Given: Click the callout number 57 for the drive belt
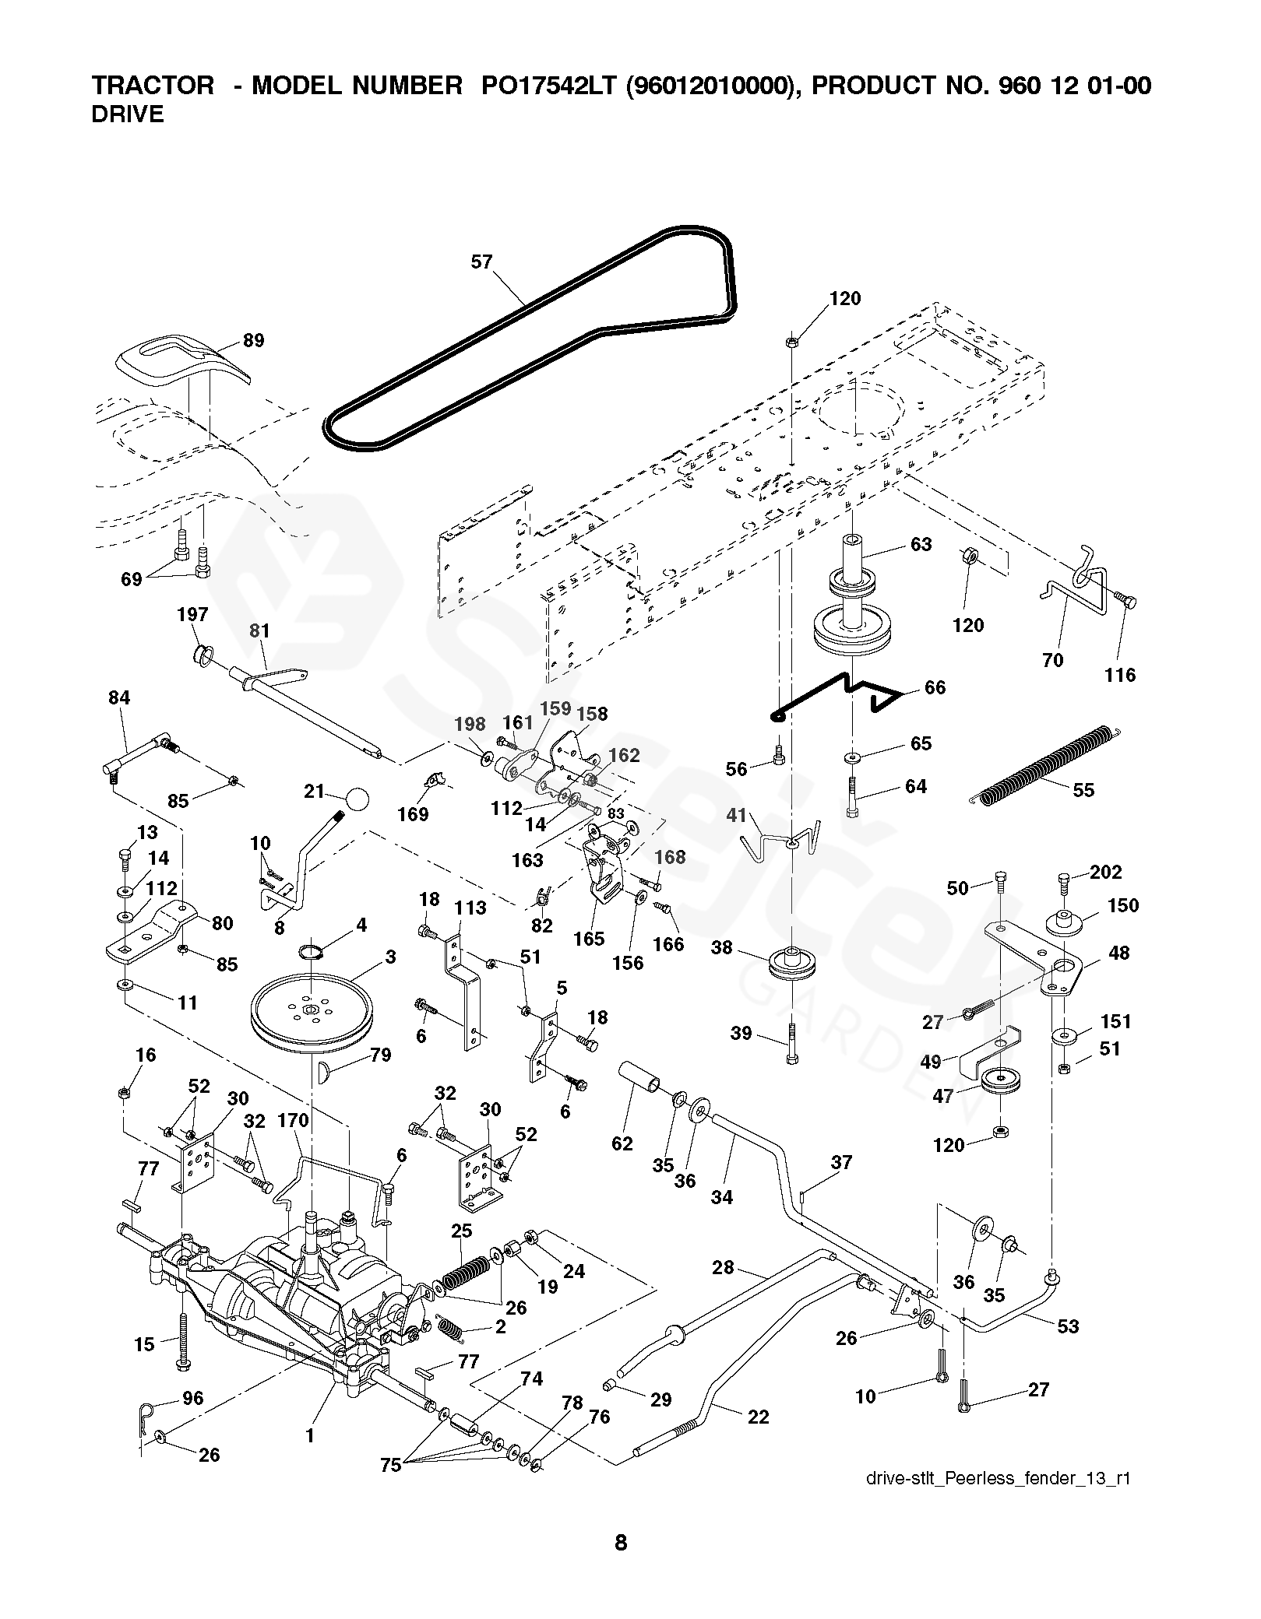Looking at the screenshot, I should pyautogui.click(x=482, y=262).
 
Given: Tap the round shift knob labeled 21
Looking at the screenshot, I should pyautogui.click(x=357, y=798).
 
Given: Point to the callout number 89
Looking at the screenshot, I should pyautogui.click(x=253, y=340).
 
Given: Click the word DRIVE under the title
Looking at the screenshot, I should pyautogui.click(x=128, y=114).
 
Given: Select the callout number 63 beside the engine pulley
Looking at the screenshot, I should pyautogui.click(x=921, y=544).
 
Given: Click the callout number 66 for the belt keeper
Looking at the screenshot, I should pyautogui.click(x=935, y=687).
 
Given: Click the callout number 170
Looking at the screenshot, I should pyautogui.click(x=293, y=1121).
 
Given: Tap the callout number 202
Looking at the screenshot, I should pyautogui.click(x=1106, y=873).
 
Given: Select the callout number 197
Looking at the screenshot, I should pyautogui.click(x=192, y=614).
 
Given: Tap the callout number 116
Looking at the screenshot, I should pyautogui.click(x=1120, y=675).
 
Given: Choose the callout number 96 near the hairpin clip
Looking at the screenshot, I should pyautogui.click(x=192, y=1398).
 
